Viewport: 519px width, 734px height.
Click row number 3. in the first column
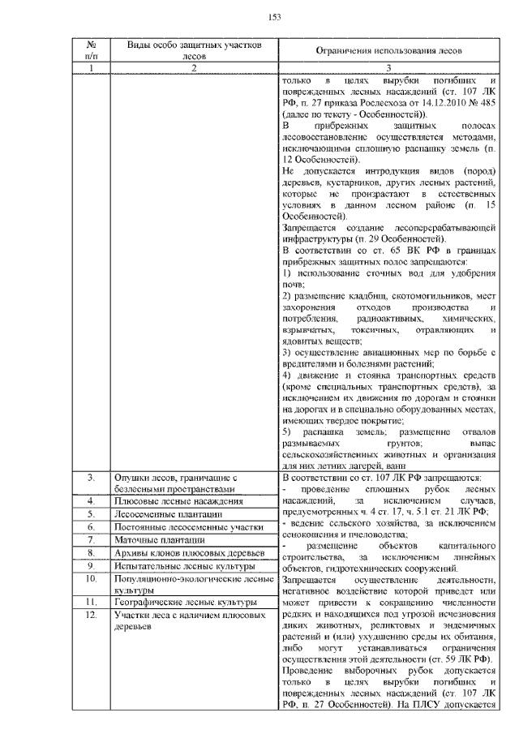tap(92, 479)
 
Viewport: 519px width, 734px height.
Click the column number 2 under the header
tap(195, 69)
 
